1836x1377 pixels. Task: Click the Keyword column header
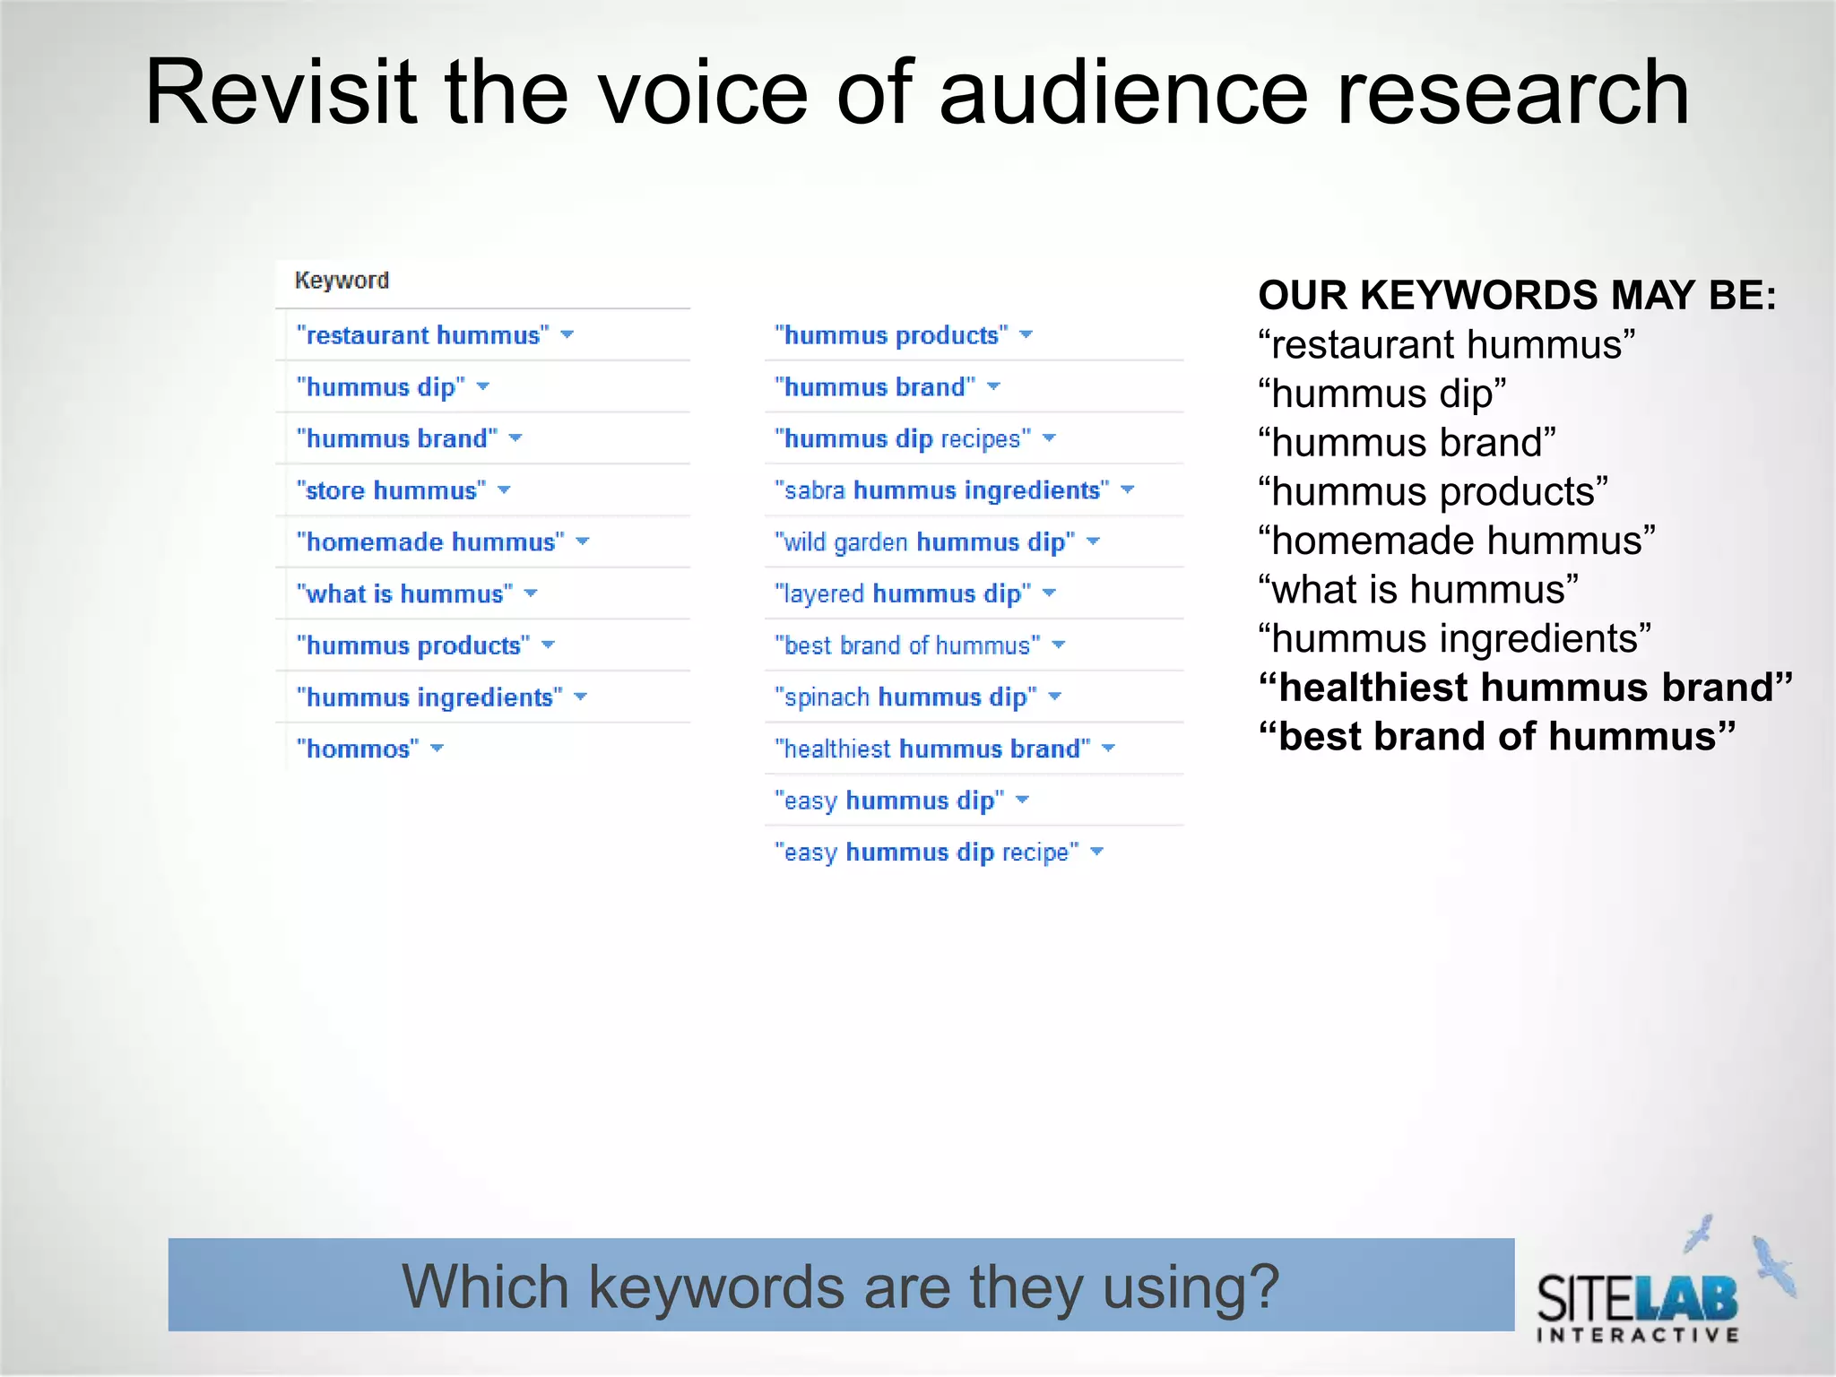[342, 281]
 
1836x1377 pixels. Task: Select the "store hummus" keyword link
[391, 490]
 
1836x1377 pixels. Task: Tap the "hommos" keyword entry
[358, 749]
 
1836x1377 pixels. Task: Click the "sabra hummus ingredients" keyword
[941, 490]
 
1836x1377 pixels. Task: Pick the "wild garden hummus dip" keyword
[924, 542]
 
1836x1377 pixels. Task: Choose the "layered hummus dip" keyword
[903, 593]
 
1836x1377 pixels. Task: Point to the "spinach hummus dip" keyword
[905, 697]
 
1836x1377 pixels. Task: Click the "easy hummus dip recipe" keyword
[926, 852]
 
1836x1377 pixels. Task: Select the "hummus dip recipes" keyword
[903, 438]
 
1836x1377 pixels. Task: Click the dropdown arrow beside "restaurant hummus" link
[567, 335]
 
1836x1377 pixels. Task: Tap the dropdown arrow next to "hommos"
[437, 749]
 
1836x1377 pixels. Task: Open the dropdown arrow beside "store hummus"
[504, 490]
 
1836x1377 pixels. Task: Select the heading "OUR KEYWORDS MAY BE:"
[1517, 296]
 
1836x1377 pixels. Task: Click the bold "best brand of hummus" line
[1496, 737]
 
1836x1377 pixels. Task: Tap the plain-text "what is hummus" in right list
[1417, 590]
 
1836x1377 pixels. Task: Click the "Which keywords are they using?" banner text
[840, 1286]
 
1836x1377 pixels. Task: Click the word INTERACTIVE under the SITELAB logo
[1638, 1335]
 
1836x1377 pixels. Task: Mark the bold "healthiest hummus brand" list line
[1524, 688]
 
